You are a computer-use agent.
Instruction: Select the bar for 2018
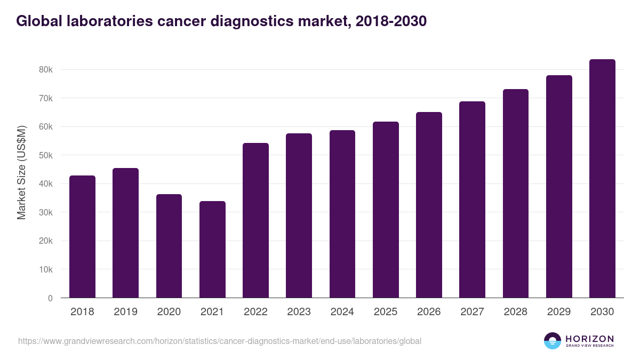point(82,237)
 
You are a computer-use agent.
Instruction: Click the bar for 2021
point(212,250)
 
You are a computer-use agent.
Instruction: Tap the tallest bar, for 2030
point(602,179)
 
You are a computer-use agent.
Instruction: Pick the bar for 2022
point(255,220)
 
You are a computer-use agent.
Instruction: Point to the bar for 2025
point(386,210)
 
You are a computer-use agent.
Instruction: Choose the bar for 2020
point(169,246)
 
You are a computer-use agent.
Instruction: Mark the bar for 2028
point(516,194)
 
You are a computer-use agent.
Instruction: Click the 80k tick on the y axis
point(45,70)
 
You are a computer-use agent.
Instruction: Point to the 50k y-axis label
point(45,155)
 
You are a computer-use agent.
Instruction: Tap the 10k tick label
point(45,269)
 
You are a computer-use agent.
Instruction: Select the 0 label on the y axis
point(50,298)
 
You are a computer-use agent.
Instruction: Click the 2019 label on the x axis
point(125,312)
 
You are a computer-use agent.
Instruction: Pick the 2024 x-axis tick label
point(342,312)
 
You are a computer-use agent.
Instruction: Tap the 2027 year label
point(472,312)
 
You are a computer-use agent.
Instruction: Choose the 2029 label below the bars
point(559,312)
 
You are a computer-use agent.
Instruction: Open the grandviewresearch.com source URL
point(220,341)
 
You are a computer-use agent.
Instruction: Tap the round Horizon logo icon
point(553,341)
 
